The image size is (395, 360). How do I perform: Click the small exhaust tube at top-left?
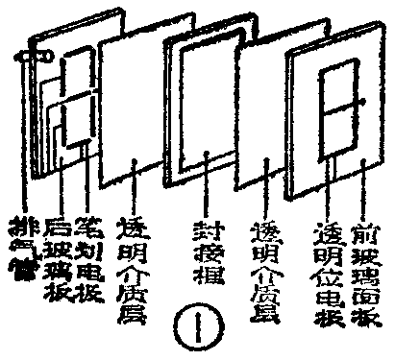(38, 57)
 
